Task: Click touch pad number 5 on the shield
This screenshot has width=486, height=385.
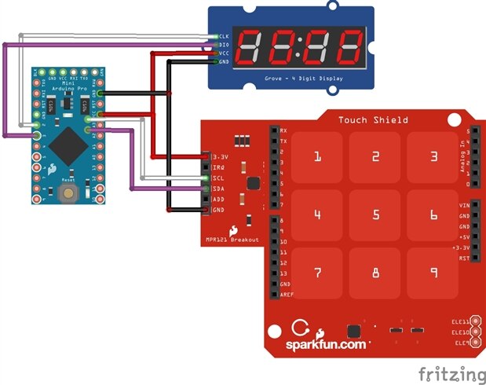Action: click(x=375, y=214)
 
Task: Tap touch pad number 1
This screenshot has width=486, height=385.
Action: click(x=317, y=156)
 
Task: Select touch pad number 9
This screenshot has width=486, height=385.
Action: click(x=433, y=273)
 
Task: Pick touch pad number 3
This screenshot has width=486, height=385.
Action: click(x=433, y=156)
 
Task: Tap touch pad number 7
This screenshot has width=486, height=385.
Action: click(x=317, y=273)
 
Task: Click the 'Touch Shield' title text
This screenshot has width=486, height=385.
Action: click(x=373, y=120)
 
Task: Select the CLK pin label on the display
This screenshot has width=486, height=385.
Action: click(x=223, y=37)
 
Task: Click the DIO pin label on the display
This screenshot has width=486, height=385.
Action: click(x=223, y=46)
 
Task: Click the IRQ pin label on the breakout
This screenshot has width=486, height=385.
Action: click(x=219, y=168)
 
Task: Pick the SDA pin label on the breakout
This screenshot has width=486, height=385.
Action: click(x=219, y=189)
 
